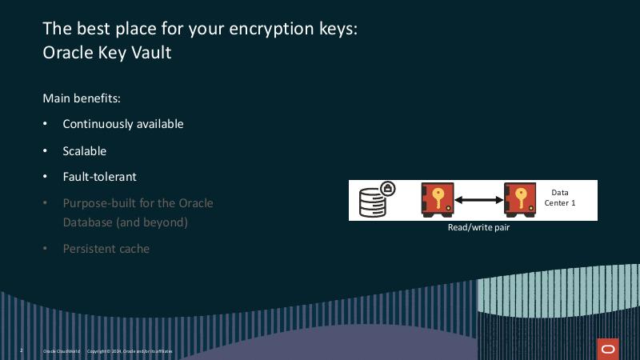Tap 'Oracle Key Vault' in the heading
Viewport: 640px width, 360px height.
[106, 54]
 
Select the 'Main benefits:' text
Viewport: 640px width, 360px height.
[82, 98]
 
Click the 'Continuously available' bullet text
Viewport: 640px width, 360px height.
[123, 124]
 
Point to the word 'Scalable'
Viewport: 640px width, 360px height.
[85, 150]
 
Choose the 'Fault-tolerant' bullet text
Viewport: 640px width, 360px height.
[100, 177]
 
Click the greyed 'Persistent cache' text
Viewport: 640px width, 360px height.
[106, 249]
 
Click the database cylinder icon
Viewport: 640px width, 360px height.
[373, 202]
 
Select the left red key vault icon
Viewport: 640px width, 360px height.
[438, 200]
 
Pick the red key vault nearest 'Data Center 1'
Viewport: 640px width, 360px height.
[520, 200]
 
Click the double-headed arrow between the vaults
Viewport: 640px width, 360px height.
[478, 200]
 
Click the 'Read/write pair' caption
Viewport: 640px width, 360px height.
[478, 227]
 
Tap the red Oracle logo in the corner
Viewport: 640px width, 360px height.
[608, 349]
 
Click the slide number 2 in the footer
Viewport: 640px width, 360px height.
[21, 351]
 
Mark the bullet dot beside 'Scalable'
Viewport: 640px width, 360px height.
[45, 150]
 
